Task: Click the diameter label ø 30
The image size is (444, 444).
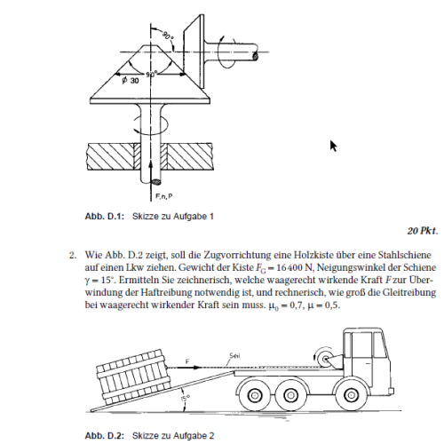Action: [x=131, y=80]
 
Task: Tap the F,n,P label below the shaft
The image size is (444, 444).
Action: [x=164, y=196]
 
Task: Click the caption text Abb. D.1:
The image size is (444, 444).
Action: [x=105, y=217]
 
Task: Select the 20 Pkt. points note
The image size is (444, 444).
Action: [x=423, y=231]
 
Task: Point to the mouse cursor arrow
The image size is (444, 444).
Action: [x=333, y=147]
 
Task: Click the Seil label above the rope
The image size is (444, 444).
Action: [x=234, y=355]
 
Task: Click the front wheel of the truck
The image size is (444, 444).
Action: [x=351, y=395]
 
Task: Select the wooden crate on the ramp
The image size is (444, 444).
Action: [x=134, y=377]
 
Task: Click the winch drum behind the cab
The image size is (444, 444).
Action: [x=325, y=360]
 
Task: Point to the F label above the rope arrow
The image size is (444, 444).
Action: [x=187, y=361]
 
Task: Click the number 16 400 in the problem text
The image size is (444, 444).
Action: [x=286, y=267]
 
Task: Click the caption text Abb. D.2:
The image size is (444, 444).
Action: [x=105, y=436]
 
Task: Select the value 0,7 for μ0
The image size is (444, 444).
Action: [x=297, y=305]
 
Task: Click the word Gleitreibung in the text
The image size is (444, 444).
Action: [x=409, y=292]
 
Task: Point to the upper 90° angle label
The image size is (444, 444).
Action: [x=167, y=36]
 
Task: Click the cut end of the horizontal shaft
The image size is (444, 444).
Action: [x=256, y=56]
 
